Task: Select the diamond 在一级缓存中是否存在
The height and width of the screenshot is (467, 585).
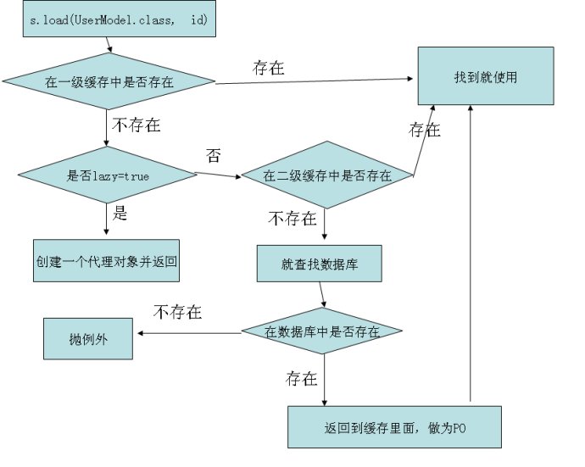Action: [x=109, y=82]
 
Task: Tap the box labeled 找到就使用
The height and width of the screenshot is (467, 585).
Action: [x=485, y=77]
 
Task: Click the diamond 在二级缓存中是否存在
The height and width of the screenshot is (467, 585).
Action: [x=326, y=176]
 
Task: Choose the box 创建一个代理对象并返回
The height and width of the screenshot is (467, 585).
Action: [x=107, y=259]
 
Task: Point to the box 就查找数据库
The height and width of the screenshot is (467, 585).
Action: [x=320, y=264]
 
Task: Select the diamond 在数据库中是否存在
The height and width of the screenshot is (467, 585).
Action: [x=321, y=330]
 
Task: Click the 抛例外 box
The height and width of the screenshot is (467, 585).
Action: [x=88, y=340]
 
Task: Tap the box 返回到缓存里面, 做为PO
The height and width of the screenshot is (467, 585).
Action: [x=395, y=426]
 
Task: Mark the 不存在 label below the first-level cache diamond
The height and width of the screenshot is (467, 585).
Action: [x=135, y=126]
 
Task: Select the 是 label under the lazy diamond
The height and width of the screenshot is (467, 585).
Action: [x=120, y=214]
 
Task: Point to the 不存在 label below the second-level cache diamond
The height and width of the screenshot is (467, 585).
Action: [x=293, y=219]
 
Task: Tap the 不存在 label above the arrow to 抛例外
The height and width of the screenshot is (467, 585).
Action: [x=177, y=312]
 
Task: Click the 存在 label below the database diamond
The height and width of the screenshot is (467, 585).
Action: [x=302, y=377]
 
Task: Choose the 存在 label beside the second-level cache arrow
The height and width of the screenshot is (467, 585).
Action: [x=425, y=131]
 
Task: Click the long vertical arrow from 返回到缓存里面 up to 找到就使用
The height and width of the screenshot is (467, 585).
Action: [x=469, y=254]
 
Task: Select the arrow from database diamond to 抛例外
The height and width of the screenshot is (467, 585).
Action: [x=191, y=333]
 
